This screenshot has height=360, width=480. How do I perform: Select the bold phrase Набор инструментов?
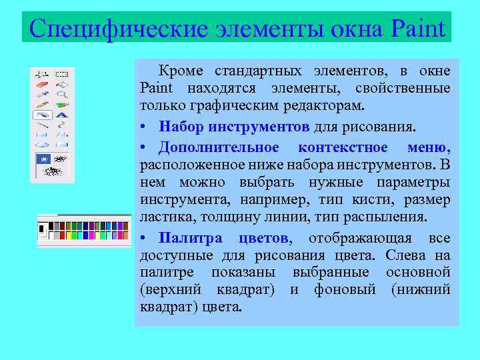[234, 127]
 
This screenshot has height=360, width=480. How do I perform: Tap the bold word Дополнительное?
[219, 147]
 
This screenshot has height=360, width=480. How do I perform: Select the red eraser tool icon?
[43, 85]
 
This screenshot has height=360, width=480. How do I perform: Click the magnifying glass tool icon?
[62, 95]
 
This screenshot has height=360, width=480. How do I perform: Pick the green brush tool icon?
[62, 105]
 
